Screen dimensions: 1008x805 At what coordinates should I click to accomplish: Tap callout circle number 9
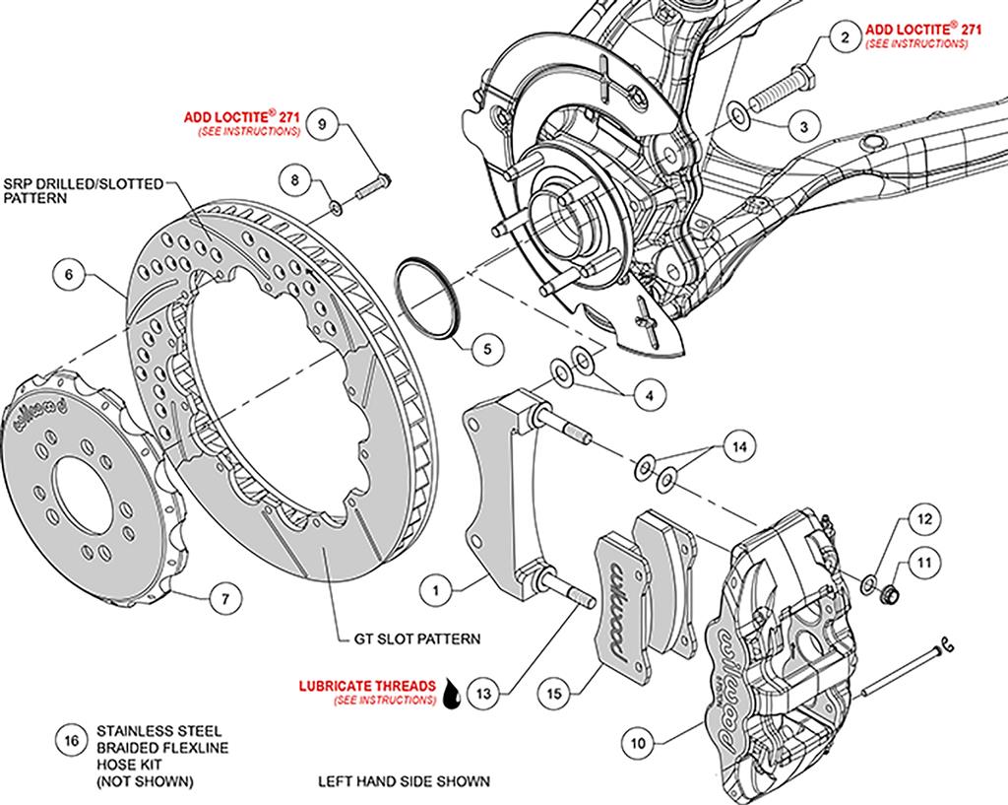(323, 123)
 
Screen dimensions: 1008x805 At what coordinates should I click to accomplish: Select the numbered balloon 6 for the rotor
(69, 276)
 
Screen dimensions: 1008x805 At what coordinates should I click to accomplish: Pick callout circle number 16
(71, 741)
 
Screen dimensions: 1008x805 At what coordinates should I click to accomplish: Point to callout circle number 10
(638, 743)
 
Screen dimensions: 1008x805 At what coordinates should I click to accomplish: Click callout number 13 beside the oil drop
(483, 693)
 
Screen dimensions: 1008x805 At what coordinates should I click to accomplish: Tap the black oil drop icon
(452, 693)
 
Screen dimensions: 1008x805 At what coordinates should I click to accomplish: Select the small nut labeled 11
(890, 591)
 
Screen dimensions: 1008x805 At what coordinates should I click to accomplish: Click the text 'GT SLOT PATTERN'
(417, 639)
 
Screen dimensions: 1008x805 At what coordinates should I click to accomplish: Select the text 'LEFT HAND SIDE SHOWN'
(404, 781)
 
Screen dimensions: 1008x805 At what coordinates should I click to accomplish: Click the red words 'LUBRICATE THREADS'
(367, 686)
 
